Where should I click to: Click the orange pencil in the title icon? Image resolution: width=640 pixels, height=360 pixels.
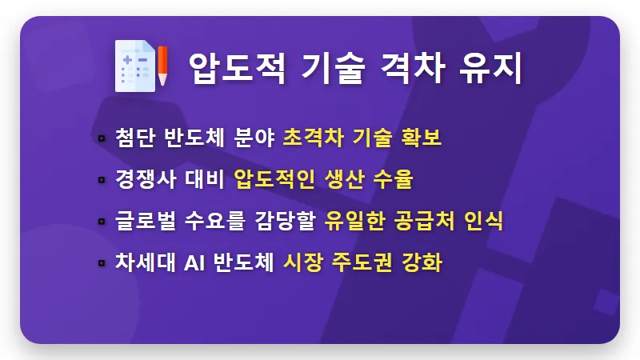162,66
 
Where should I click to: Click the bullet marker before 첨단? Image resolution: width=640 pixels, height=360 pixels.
101,138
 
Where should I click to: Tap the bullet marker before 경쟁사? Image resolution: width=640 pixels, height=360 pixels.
101,179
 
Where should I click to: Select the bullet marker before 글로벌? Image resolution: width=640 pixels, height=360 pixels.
101,222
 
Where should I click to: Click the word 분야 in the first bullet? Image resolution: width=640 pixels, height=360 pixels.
254,138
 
